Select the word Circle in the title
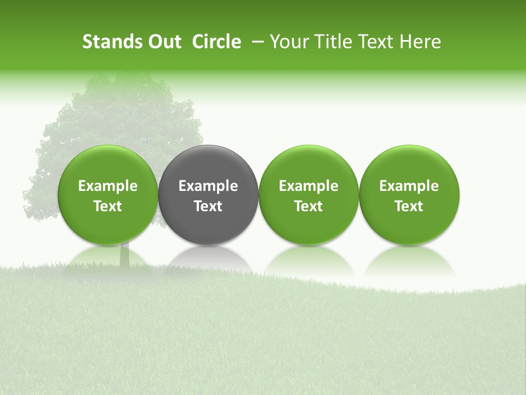click(x=216, y=42)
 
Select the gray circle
click(x=208, y=165)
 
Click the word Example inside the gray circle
click(x=208, y=186)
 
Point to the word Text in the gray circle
click(x=208, y=206)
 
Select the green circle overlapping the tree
click(x=108, y=165)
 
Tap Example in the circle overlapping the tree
click(x=108, y=186)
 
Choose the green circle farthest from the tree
click(x=409, y=165)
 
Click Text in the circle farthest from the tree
click(x=409, y=206)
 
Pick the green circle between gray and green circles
click(x=308, y=165)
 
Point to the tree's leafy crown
click(x=121, y=115)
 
